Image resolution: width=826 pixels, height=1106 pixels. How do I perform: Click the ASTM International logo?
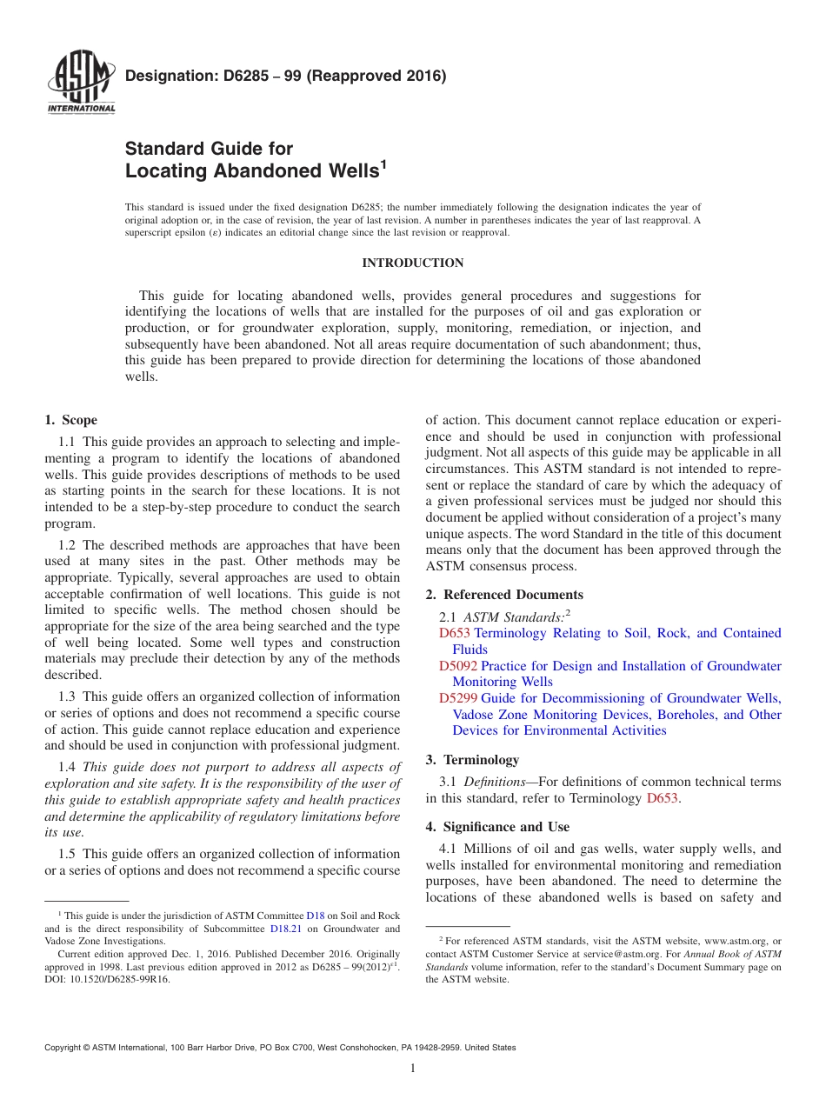click(81, 82)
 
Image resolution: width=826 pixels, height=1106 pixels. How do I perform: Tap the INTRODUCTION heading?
click(412, 263)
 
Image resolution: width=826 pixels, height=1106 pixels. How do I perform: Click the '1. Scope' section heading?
click(71, 420)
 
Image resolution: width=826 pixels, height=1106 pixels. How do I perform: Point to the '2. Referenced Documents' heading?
click(504, 595)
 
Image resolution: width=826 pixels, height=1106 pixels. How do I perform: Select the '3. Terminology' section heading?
click(472, 759)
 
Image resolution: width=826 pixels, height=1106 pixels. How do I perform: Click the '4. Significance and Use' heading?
click(497, 826)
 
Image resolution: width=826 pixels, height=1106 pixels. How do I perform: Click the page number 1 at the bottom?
click(412, 1069)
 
